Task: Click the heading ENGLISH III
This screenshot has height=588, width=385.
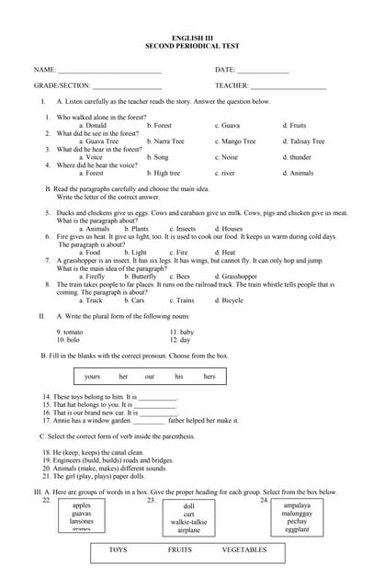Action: tap(192, 38)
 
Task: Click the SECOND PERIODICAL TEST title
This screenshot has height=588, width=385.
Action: tap(192, 45)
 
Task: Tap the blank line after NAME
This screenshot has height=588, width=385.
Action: tap(109, 70)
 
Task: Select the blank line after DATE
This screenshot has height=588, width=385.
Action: tap(264, 70)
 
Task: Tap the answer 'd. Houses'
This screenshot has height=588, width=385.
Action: tap(229, 229)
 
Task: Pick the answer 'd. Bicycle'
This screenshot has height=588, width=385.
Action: tap(229, 300)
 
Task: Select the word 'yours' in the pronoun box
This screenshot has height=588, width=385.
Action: tap(92, 377)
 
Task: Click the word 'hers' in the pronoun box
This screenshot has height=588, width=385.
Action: tap(209, 377)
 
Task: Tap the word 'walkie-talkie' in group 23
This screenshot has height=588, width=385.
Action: tap(188, 523)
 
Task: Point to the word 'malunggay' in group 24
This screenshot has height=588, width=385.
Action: tap(297, 514)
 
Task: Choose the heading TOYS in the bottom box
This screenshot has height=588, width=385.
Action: tap(119, 550)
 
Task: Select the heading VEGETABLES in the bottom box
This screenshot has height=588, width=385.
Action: tap(244, 550)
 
